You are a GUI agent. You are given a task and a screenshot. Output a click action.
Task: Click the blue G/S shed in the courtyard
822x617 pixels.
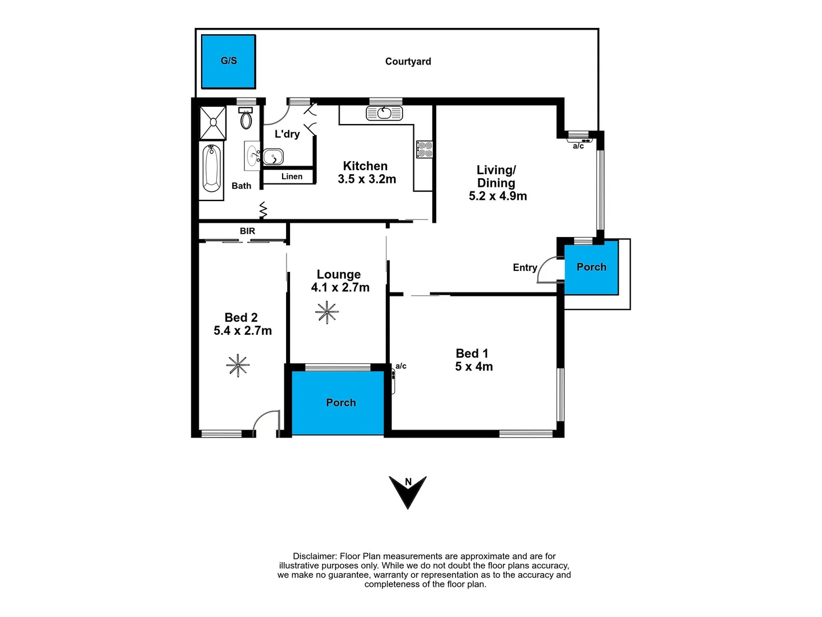point(228,61)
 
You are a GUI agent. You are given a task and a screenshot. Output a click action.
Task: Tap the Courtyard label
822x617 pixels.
point(408,62)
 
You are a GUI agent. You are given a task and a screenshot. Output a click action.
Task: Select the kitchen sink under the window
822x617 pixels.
point(384,113)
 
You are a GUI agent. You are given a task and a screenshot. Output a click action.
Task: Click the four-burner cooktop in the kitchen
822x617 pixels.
point(424,149)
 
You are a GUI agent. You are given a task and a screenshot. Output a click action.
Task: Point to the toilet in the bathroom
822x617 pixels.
point(246,120)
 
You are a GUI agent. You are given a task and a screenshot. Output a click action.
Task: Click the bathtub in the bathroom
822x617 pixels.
point(212,168)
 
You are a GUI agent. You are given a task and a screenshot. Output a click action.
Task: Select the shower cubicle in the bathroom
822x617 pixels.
point(212,122)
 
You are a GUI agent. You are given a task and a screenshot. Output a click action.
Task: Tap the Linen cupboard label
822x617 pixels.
point(292,177)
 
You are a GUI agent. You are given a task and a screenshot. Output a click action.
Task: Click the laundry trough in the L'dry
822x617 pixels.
point(273,156)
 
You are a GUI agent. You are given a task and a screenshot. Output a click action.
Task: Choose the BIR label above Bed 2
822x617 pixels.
point(247,231)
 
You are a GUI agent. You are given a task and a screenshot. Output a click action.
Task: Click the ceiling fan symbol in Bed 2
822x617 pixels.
point(237,365)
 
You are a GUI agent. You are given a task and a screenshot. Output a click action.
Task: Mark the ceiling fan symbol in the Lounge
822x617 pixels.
point(327,312)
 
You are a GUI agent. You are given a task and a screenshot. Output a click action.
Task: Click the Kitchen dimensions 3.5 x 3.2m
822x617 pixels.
point(366,179)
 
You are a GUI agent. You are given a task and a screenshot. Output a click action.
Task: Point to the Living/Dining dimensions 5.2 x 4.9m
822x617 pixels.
point(498,196)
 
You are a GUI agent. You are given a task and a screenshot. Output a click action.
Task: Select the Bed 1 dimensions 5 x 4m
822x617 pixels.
point(474,367)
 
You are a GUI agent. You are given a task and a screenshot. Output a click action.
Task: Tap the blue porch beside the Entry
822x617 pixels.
point(591,267)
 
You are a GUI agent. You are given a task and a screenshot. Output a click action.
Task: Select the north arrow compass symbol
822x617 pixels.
point(408,490)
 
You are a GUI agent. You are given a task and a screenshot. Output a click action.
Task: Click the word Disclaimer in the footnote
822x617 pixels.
point(314,556)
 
